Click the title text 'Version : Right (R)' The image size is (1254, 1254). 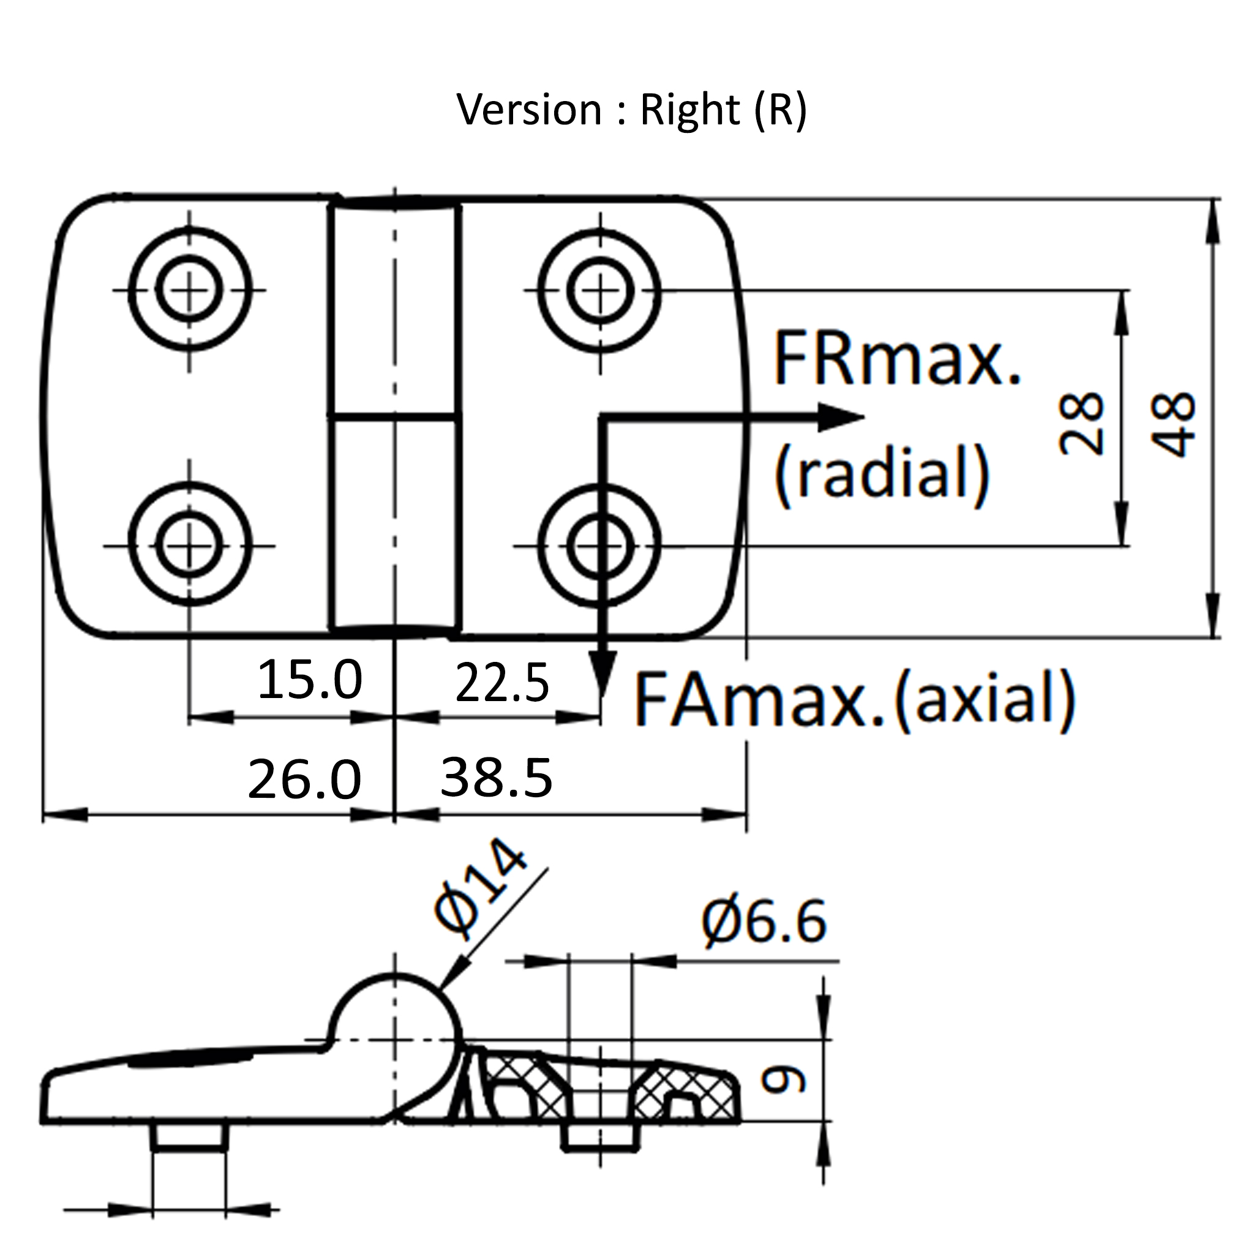click(x=631, y=110)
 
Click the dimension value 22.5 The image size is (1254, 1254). click(x=501, y=683)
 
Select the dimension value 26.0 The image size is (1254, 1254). click(x=304, y=779)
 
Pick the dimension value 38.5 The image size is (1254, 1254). click(x=496, y=777)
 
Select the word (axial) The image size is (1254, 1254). click(x=984, y=699)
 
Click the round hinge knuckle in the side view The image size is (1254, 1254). click(x=395, y=1017)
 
